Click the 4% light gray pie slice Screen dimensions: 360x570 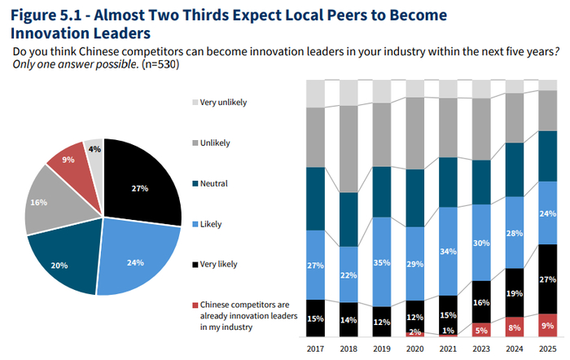(x=95, y=150)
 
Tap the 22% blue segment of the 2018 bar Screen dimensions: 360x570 (x=349, y=274)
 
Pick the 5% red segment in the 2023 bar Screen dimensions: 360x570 (x=480, y=330)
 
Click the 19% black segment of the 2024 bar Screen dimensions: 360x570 (x=514, y=293)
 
